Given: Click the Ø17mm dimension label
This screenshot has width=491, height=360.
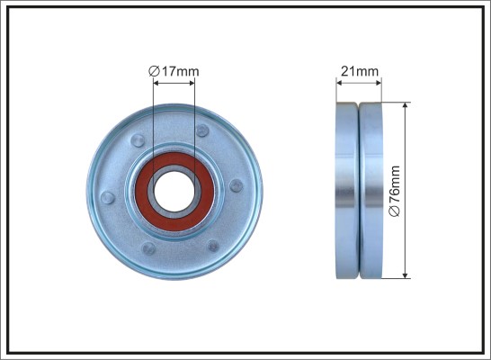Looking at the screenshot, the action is pyautogui.click(x=174, y=71).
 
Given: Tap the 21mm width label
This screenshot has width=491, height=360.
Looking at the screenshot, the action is pyautogui.click(x=360, y=71).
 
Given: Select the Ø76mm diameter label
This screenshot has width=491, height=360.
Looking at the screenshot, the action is pyautogui.click(x=395, y=191).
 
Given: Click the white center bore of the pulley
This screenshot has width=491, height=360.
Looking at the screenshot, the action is pyautogui.click(x=174, y=192).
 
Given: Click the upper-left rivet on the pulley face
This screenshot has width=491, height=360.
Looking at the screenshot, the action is pyautogui.click(x=138, y=140).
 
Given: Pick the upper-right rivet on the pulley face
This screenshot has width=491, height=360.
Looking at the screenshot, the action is pyautogui.click(x=202, y=130).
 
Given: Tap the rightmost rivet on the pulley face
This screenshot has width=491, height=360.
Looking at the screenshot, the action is pyautogui.click(x=237, y=185).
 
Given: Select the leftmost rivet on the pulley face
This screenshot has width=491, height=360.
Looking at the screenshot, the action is pyautogui.click(x=107, y=198).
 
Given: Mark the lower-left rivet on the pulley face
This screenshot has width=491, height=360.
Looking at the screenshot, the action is pyautogui.click(x=148, y=248).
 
